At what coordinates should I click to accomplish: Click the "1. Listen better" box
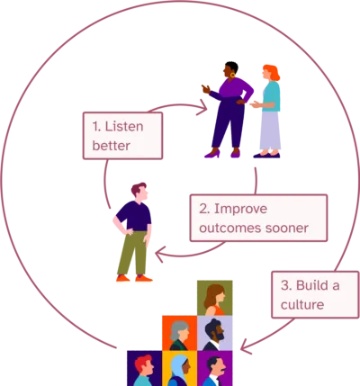(x=122, y=136)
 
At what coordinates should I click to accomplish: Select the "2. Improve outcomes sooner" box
(x=258, y=218)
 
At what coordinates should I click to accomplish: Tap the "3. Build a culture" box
(x=315, y=294)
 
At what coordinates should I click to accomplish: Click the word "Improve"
(x=240, y=209)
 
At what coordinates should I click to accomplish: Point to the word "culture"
(x=302, y=305)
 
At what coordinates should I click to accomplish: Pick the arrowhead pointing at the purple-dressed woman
(x=202, y=107)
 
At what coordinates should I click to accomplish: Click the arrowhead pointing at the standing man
(x=160, y=255)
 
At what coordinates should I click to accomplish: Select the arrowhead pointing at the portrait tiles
(x=247, y=346)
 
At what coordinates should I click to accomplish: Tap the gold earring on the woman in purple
(x=232, y=75)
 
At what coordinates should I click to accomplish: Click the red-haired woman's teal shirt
(x=272, y=96)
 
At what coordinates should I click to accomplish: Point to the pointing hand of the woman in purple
(x=206, y=89)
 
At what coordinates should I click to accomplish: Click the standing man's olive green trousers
(x=132, y=253)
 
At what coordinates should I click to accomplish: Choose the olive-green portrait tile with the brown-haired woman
(x=215, y=298)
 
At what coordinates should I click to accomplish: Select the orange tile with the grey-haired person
(x=180, y=333)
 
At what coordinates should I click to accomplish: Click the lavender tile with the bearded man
(x=215, y=333)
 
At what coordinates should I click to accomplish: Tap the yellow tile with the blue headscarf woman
(x=180, y=368)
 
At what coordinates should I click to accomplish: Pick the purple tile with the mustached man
(x=215, y=368)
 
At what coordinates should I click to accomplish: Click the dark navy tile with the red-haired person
(x=145, y=368)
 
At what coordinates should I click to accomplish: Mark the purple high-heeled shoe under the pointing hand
(x=212, y=154)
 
